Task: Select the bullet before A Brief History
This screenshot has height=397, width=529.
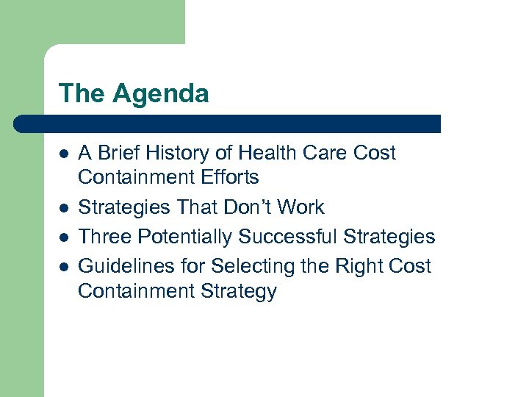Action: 64,154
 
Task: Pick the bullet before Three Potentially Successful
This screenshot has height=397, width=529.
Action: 64,237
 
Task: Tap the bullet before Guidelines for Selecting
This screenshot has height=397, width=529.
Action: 64,265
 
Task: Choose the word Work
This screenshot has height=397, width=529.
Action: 301,208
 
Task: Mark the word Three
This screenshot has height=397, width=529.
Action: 105,237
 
